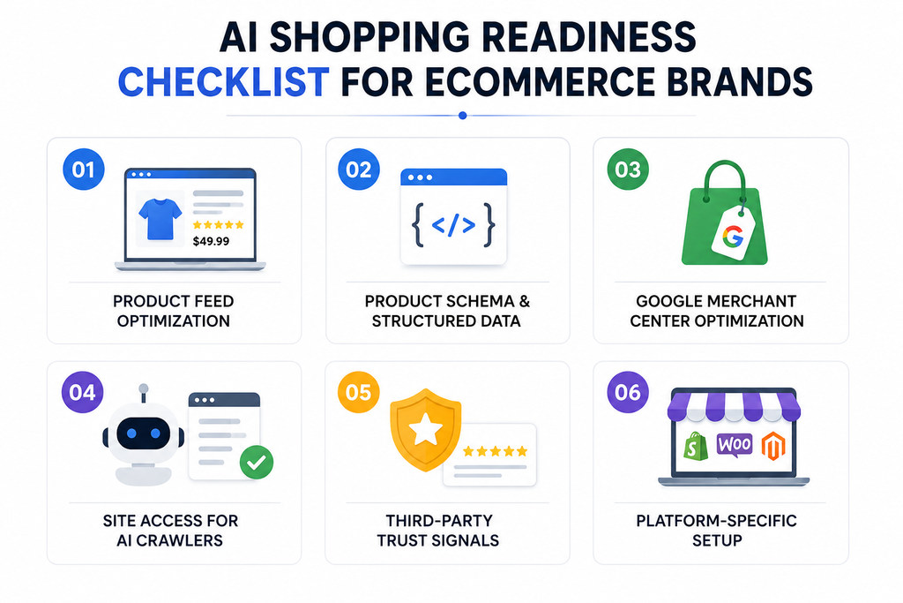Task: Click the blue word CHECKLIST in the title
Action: (223, 82)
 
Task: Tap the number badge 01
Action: (84, 170)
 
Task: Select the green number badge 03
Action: (628, 170)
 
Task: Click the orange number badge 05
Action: (358, 393)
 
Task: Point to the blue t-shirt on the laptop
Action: (160, 218)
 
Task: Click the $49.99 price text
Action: (211, 241)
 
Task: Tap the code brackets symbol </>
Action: (453, 225)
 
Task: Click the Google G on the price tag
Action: (733, 237)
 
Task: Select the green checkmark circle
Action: (257, 462)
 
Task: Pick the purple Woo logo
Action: (735, 444)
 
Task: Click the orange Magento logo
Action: (773, 446)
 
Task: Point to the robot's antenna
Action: (144, 393)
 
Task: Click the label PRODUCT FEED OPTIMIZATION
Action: (174, 311)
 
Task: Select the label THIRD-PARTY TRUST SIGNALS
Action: (438, 531)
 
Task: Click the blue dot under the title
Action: (462, 116)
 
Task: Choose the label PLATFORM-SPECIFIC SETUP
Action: (716, 531)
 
